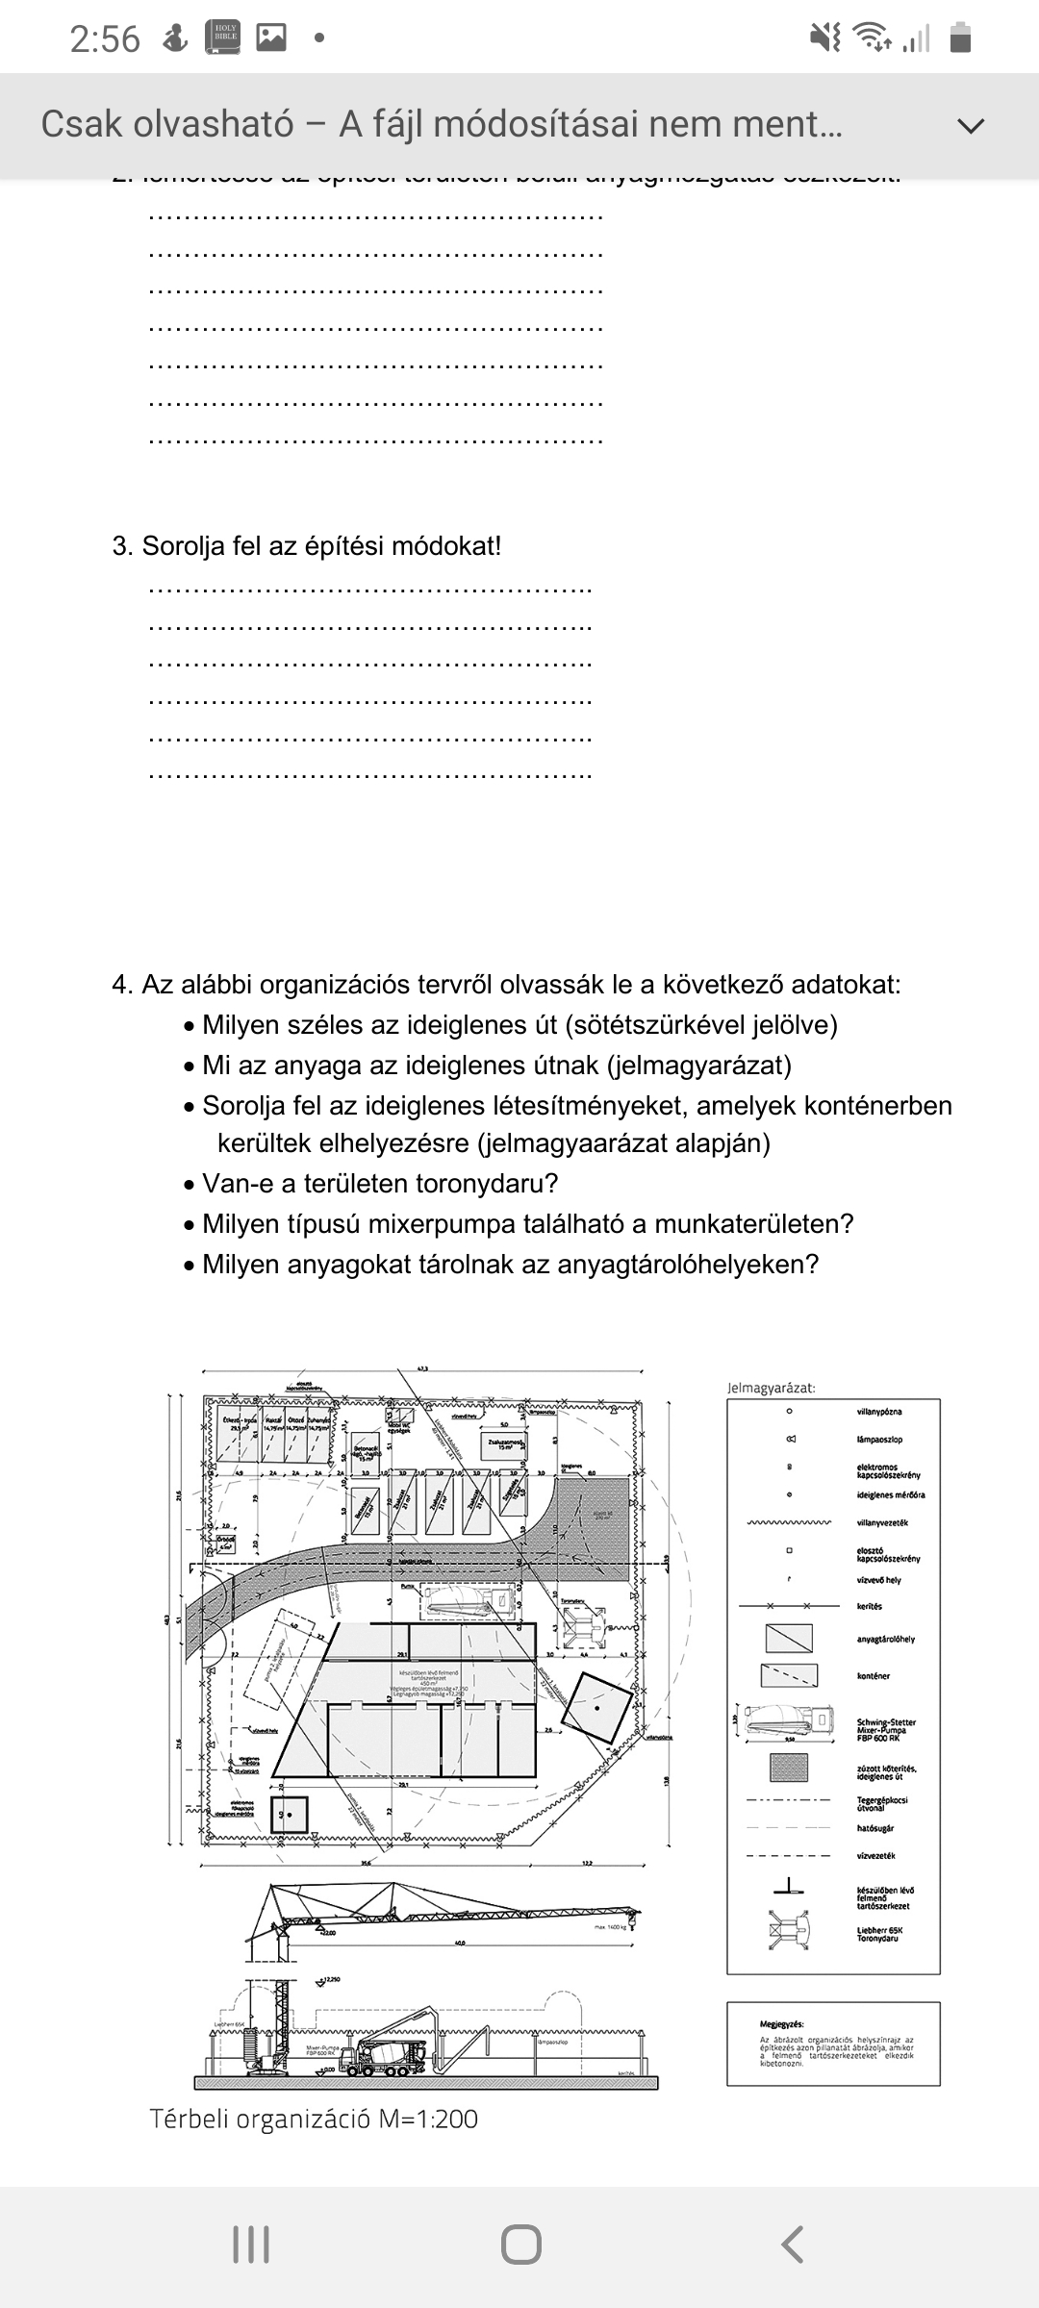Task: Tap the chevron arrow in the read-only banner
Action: pyautogui.click(x=973, y=126)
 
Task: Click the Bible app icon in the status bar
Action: pyautogui.click(x=222, y=38)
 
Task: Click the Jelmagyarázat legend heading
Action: pyautogui.click(x=772, y=1388)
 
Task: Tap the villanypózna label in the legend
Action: pyautogui.click(x=879, y=1412)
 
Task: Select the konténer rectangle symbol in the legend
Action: pyautogui.click(x=789, y=1675)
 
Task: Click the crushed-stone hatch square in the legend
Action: pyautogui.click(x=789, y=1768)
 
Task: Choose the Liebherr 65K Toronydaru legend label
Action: pyautogui.click(x=880, y=1934)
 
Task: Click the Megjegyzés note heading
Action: pyautogui.click(x=781, y=2024)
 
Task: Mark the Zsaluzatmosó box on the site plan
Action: pyautogui.click(x=505, y=1444)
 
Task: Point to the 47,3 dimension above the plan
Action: pyautogui.click(x=422, y=1367)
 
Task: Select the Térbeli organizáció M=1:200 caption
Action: pyautogui.click(x=314, y=2120)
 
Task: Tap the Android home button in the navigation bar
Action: pyautogui.click(x=520, y=2245)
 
